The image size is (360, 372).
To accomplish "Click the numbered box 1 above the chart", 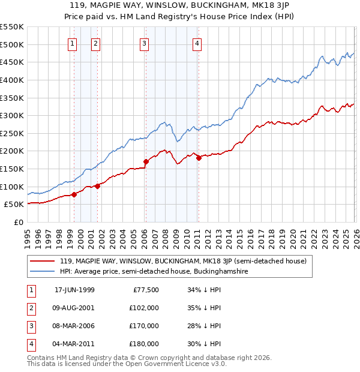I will pos(72,43).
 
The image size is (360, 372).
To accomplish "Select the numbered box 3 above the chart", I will pos(145,43).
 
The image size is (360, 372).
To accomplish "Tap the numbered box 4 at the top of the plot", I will pos(197,43).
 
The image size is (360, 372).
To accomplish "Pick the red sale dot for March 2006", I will pos(146,161).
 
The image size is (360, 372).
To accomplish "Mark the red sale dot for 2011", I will pos(199,158).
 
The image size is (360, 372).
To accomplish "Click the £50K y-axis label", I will pos(14,205).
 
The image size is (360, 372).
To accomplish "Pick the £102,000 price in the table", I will pos(144,308).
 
